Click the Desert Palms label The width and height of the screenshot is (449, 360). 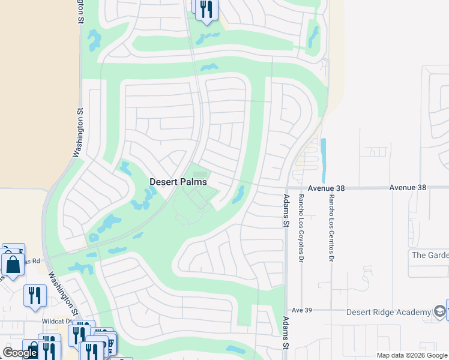(x=178, y=182)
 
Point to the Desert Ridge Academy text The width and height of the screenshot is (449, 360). (x=389, y=312)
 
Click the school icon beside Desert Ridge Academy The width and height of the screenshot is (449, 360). (x=439, y=311)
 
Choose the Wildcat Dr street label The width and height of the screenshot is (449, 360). (x=57, y=321)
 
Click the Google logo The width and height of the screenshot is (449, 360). (x=20, y=353)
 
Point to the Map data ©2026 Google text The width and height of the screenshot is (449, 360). (x=412, y=355)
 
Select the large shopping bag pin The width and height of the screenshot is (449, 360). (x=12, y=265)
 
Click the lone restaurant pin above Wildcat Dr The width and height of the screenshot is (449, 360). (x=35, y=295)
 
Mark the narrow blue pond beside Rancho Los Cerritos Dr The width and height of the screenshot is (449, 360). (x=324, y=161)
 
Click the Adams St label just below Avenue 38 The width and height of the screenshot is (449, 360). (x=286, y=211)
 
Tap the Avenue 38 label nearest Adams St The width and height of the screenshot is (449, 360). (x=327, y=188)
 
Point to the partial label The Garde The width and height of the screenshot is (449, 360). (x=430, y=255)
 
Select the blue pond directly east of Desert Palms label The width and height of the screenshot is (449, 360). (x=238, y=194)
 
